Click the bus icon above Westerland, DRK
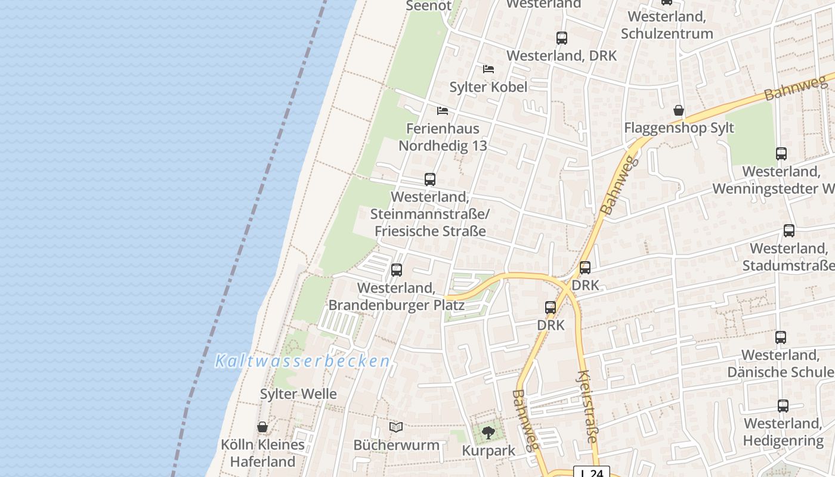(x=561, y=38)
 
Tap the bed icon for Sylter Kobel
(x=488, y=69)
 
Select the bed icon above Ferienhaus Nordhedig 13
(x=442, y=111)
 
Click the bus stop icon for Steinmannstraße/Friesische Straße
(x=429, y=179)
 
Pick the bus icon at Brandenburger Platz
(x=396, y=270)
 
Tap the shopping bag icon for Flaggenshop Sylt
(x=678, y=110)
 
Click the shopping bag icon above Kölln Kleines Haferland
(x=262, y=427)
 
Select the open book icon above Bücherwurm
(x=396, y=427)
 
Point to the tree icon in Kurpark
(x=488, y=433)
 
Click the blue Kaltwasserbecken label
(x=302, y=361)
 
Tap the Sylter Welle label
(x=298, y=394)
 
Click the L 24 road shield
(x=592, y=472)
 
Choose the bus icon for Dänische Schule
(x=781, y=337)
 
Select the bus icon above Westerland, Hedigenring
(x=783, y=406)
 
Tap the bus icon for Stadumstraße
(x=788, y=231)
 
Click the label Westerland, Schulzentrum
(x=667, y=25)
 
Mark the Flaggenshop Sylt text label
(x=679, y=128)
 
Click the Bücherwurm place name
(x=396, y=445)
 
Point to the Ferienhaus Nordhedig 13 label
(x=443, y=137)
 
